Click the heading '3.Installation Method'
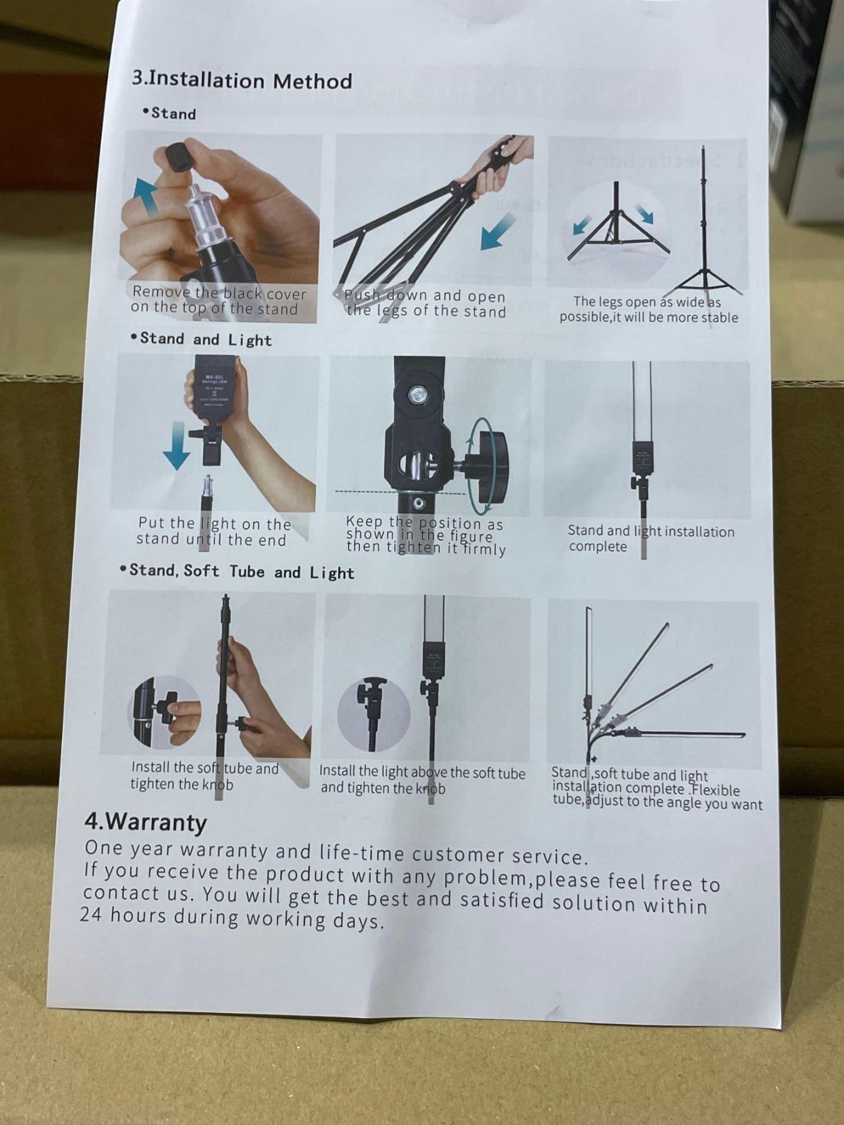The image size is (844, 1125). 242,80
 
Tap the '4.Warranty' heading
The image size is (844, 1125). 145,822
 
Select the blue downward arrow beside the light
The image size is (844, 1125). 177,446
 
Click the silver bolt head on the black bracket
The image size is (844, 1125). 414,394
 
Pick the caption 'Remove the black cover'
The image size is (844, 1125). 219,292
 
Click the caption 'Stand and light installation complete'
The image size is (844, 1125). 651,538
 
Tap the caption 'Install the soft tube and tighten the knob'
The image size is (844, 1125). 204,776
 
